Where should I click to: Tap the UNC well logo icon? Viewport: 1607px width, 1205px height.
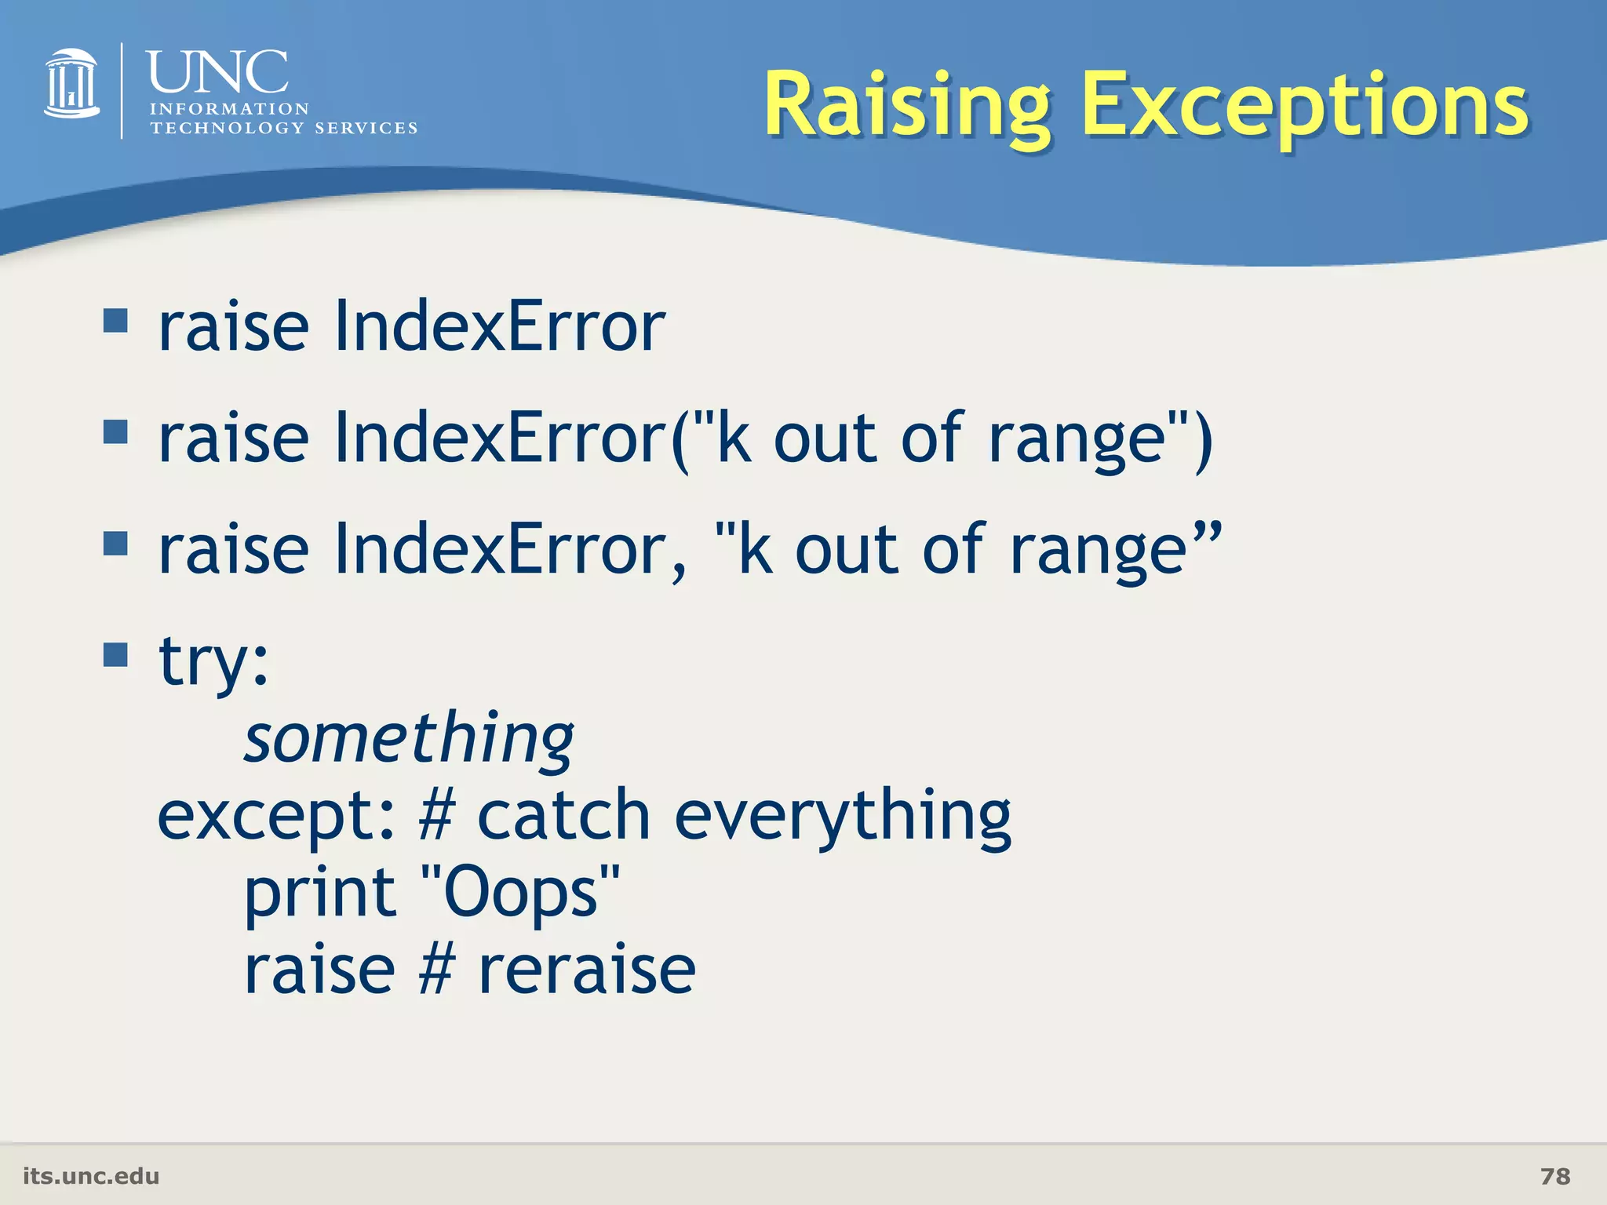[71, 85]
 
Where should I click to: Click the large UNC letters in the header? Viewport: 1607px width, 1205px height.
[217, 72]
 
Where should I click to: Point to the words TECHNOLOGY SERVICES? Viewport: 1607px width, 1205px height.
[283, 128]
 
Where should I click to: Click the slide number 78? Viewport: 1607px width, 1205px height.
[1554, 1176]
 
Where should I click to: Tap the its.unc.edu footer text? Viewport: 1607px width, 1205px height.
[91, 1176]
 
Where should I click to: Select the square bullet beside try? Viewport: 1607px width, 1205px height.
[115, 654]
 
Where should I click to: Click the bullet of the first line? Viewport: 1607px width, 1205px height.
[115, 320]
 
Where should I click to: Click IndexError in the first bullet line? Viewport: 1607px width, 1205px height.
[500, 327]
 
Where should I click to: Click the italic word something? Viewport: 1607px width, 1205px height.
[409, 738]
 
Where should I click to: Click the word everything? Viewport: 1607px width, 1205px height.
[843, 816]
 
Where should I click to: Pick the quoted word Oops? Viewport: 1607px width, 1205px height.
[520, 893]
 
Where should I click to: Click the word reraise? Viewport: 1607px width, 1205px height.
[587, 970]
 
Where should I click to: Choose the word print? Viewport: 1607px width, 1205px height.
[320, 893]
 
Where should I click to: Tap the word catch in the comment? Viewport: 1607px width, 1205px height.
[563, 816]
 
